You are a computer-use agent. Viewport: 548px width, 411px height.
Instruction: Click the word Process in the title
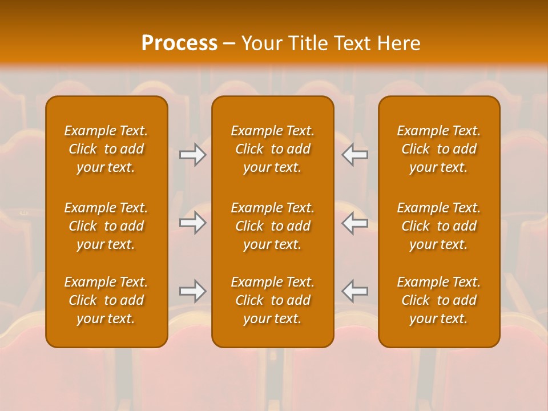pyautogui.click(x=179, y=43)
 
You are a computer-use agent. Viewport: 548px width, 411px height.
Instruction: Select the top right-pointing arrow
pyautogui.click(x=193, y=155)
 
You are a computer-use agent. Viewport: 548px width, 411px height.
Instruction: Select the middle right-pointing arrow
pyautogui.click(x=193, y=223)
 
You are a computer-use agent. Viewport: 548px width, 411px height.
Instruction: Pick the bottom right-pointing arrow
pyautogui.click(x=193, y=291)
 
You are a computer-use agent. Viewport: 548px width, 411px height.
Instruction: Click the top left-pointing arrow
pyautogui.click(x=354, y=155)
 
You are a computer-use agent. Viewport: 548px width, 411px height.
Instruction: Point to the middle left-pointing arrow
pyautogui.click(x=354, y=223)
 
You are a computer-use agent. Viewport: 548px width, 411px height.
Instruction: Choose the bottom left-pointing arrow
pyautogui.click(x=354, y=291)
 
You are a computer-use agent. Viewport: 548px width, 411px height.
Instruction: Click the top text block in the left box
pyautogui.click(x=106, y=149)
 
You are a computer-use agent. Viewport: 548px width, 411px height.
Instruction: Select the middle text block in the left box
pyautogui.click(x=106, y=226)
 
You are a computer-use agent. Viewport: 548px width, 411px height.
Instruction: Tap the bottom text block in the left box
pyautogui.click(x=106, y=300)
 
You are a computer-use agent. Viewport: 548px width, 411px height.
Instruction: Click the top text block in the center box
pyautogui.click(x=273, y=149)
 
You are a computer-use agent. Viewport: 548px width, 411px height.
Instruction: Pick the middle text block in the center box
pyautogui.click(x=273, y=226)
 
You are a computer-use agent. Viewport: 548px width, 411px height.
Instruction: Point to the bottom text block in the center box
pyautogui.click(x=273, y=300)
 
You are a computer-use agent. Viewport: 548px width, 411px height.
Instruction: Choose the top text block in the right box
pyautogui.click(x=439, y=149)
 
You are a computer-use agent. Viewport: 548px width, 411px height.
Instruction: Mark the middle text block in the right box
pyautogui.click(x=439, y=226)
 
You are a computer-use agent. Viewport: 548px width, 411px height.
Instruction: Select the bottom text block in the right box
pyautogui.click(x=439, y=300)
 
